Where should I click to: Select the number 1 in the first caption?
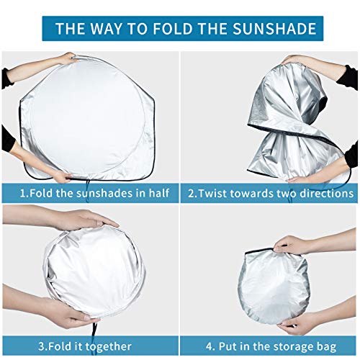(x=23, y=194)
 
